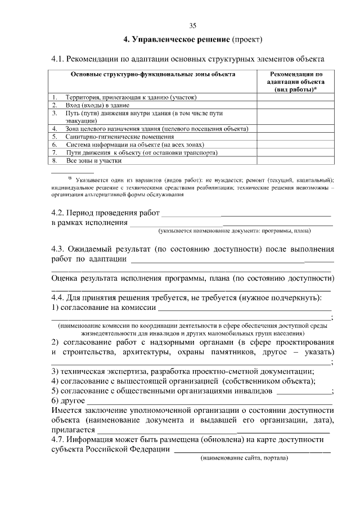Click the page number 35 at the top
click(193, 25)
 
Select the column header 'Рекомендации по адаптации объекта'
click(296, 82)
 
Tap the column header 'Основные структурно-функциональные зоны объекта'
click(153, 74)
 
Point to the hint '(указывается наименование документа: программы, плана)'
click(235, 231)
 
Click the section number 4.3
click(58, 249)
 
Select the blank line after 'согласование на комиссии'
click(245, 309)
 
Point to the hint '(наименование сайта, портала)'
click(245, 458)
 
